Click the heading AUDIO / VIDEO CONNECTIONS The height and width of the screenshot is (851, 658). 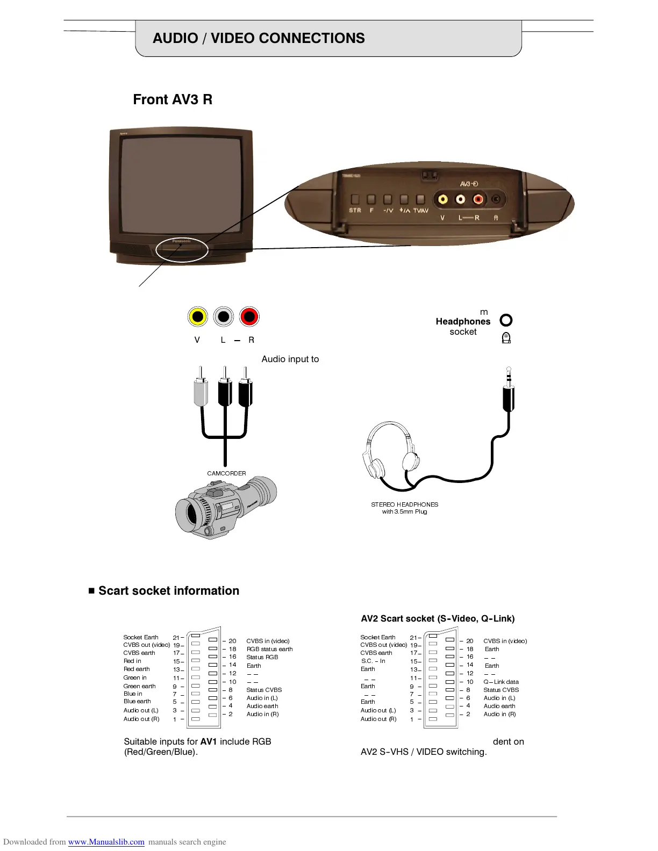[259, 38]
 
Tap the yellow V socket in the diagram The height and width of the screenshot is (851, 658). [198, 317]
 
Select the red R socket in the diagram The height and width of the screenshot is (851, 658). [249, 317]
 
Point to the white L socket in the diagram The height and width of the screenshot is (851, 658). [224, 317]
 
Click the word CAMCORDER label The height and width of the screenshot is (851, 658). [226, 473]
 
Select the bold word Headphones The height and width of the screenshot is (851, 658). [463, 321]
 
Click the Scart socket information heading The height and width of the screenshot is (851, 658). [168, 590]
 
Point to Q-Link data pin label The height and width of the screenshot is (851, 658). [501, 682]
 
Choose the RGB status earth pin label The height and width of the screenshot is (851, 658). [269, 649]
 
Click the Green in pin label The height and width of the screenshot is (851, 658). [135, 677]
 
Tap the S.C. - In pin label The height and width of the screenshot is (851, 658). [373, 661]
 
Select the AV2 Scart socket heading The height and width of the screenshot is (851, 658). [438, 618]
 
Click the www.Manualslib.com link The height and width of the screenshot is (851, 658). [106, 842]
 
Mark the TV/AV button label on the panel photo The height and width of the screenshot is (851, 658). [420, 211]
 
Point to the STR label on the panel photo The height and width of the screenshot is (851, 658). [355, 211]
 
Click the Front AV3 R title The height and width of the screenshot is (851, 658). [173, 99]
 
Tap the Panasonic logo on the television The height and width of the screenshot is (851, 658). [181, 241]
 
